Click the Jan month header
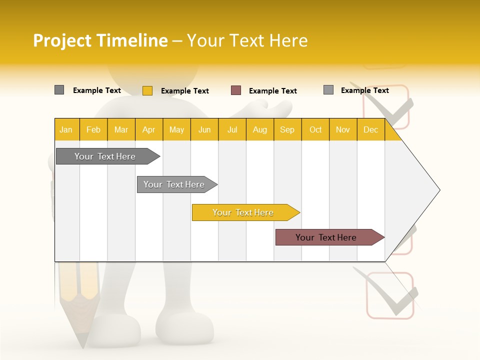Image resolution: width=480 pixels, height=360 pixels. (x=66, y=129)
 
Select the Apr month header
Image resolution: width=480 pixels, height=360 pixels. (x=149, y=129)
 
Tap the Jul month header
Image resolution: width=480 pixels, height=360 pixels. (x=232, y=129)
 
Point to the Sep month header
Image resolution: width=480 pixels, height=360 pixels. (x=287, y=129)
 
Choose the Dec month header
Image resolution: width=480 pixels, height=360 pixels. (x=370, y=129)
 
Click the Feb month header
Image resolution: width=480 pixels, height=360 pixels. (x=93, y=129)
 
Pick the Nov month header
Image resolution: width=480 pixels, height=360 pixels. (x=343, y=129)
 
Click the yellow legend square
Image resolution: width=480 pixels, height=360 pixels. (x=147, y=90)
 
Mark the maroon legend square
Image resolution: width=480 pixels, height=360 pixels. (x=236, y=90)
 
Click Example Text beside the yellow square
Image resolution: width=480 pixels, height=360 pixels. (x=185, y=91)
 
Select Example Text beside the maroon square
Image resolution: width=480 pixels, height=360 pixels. (x=273, y=91)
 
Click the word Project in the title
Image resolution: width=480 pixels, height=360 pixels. (x=63, y=40)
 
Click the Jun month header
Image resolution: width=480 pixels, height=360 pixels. (x=204, y=129)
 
